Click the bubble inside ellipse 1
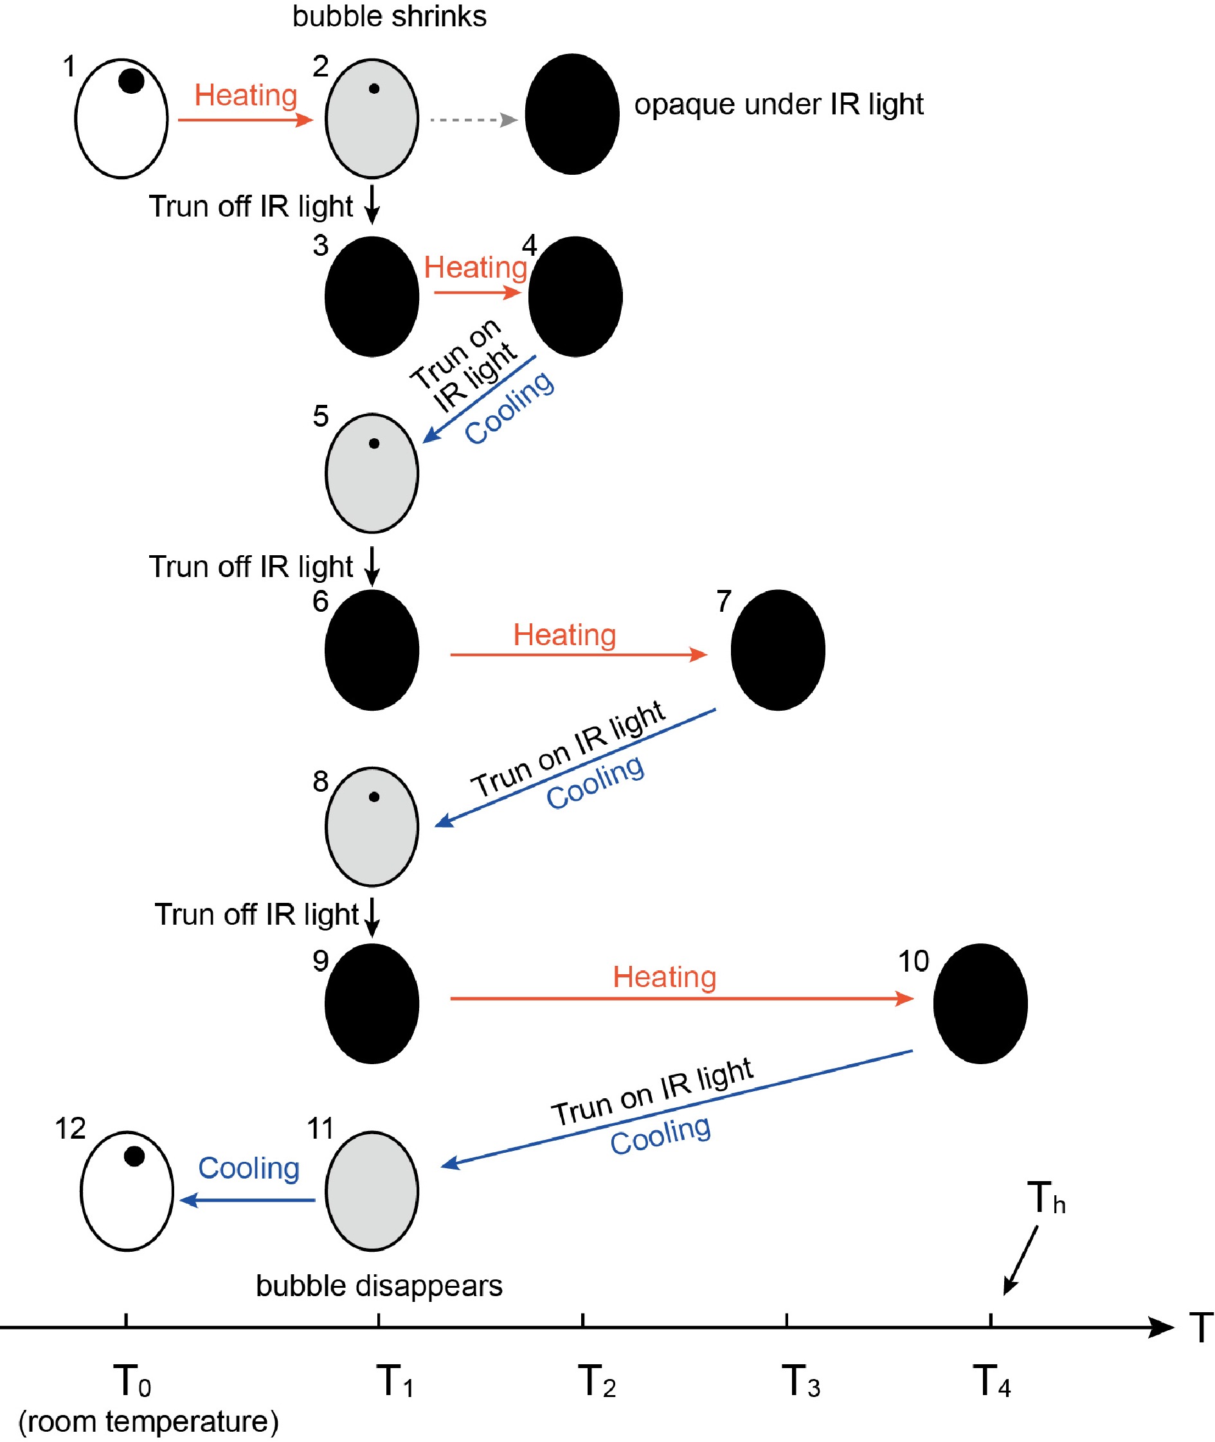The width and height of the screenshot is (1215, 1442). pos(131,80)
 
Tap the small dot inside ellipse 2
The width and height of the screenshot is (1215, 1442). pos(374,88)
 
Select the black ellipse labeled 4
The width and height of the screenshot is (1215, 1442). pos(575,297)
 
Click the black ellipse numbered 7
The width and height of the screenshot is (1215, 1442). pos(778,650)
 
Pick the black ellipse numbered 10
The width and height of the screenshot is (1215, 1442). pos(980,1003)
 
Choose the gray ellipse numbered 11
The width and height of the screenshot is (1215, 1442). pos(372,1191)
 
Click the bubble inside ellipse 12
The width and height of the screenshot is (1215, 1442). pos(134,1156)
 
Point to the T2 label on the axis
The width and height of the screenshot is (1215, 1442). pos(597,1381)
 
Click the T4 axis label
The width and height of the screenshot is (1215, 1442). pos(991,1381)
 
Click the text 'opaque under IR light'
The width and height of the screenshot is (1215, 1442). pos(779,105)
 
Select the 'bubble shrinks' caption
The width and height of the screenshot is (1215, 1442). pos(389,16)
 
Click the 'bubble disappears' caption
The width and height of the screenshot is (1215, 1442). pos(379,1286)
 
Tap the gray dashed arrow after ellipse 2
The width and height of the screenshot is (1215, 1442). pos(474,120)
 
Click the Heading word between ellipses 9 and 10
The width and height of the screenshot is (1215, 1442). pos(665,977)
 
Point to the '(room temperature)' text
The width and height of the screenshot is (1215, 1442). pos(148,1421)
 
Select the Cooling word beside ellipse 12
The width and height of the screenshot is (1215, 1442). pos(249,1168)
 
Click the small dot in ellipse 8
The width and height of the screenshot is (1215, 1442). pos(374,797)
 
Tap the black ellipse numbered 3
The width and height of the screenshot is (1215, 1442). pos(372,297)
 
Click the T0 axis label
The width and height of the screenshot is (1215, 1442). pos(132,1381)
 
